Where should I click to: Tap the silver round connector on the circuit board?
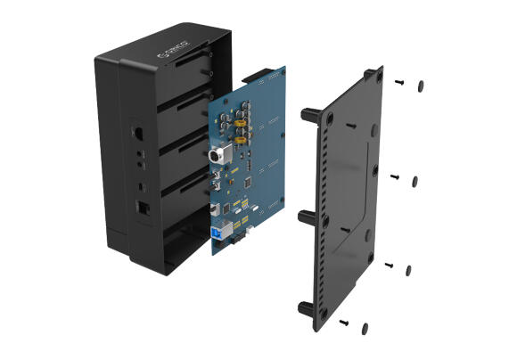pyautogui.click(x=217, y=155)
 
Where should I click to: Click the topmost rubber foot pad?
pyautogui.click(x=420, y=86)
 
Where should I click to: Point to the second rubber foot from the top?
pyautogui.click(x=414, y=179)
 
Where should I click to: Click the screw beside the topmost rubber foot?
pyautogui.click(x=399, y=82)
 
